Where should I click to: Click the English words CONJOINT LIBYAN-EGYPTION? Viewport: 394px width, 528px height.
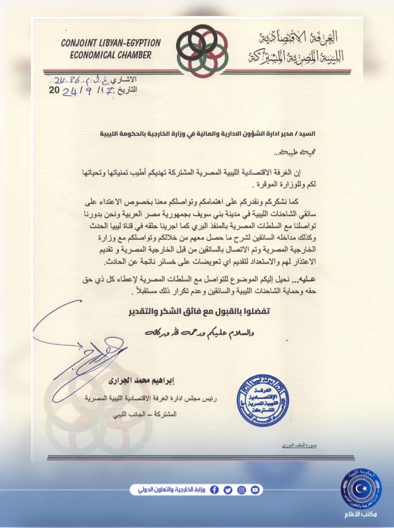111,43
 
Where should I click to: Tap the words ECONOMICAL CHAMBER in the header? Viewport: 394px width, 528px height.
111,55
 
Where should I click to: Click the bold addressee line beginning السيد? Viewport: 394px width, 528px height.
208,134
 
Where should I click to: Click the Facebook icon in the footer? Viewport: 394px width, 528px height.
215,490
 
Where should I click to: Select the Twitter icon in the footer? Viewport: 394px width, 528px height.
228,490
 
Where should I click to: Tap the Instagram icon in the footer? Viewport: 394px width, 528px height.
242,490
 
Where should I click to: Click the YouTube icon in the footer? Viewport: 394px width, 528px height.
255,490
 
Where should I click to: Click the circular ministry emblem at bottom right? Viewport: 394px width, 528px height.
361,487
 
